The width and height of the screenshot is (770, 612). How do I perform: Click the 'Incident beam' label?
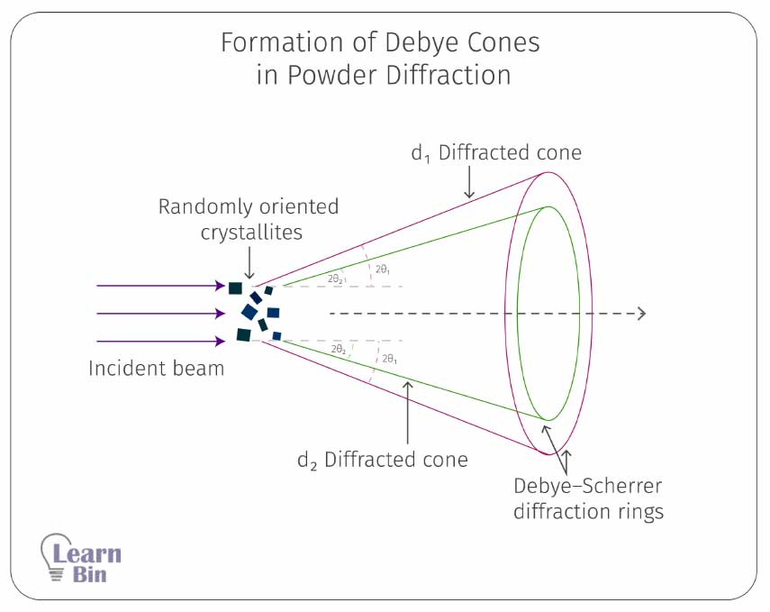[156, 369]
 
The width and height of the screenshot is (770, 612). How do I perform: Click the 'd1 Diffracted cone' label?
[496, 153]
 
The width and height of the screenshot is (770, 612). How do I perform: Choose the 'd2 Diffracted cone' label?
[383, 460]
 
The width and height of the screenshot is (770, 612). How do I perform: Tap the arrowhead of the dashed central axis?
[641, 314]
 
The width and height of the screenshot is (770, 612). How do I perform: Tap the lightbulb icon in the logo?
[56, 557]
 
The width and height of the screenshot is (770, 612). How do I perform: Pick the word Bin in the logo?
[89, 574]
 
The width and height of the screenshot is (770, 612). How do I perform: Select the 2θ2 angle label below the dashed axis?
[339, 349]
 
